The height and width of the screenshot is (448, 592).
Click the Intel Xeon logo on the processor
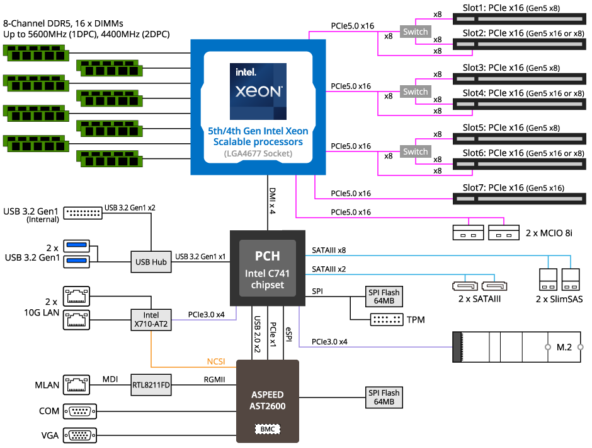(258, 91)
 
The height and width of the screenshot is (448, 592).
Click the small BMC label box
(266, 429)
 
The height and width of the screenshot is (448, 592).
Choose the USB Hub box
(151, 262)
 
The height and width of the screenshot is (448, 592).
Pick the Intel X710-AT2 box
(151, 320)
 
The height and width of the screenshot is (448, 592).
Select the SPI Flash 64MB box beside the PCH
(384, 297)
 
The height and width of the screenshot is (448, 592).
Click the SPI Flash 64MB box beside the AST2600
(384, 398)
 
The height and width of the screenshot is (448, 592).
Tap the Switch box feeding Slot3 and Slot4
(415, 92)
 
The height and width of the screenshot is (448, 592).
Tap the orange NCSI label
(216, 362)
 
